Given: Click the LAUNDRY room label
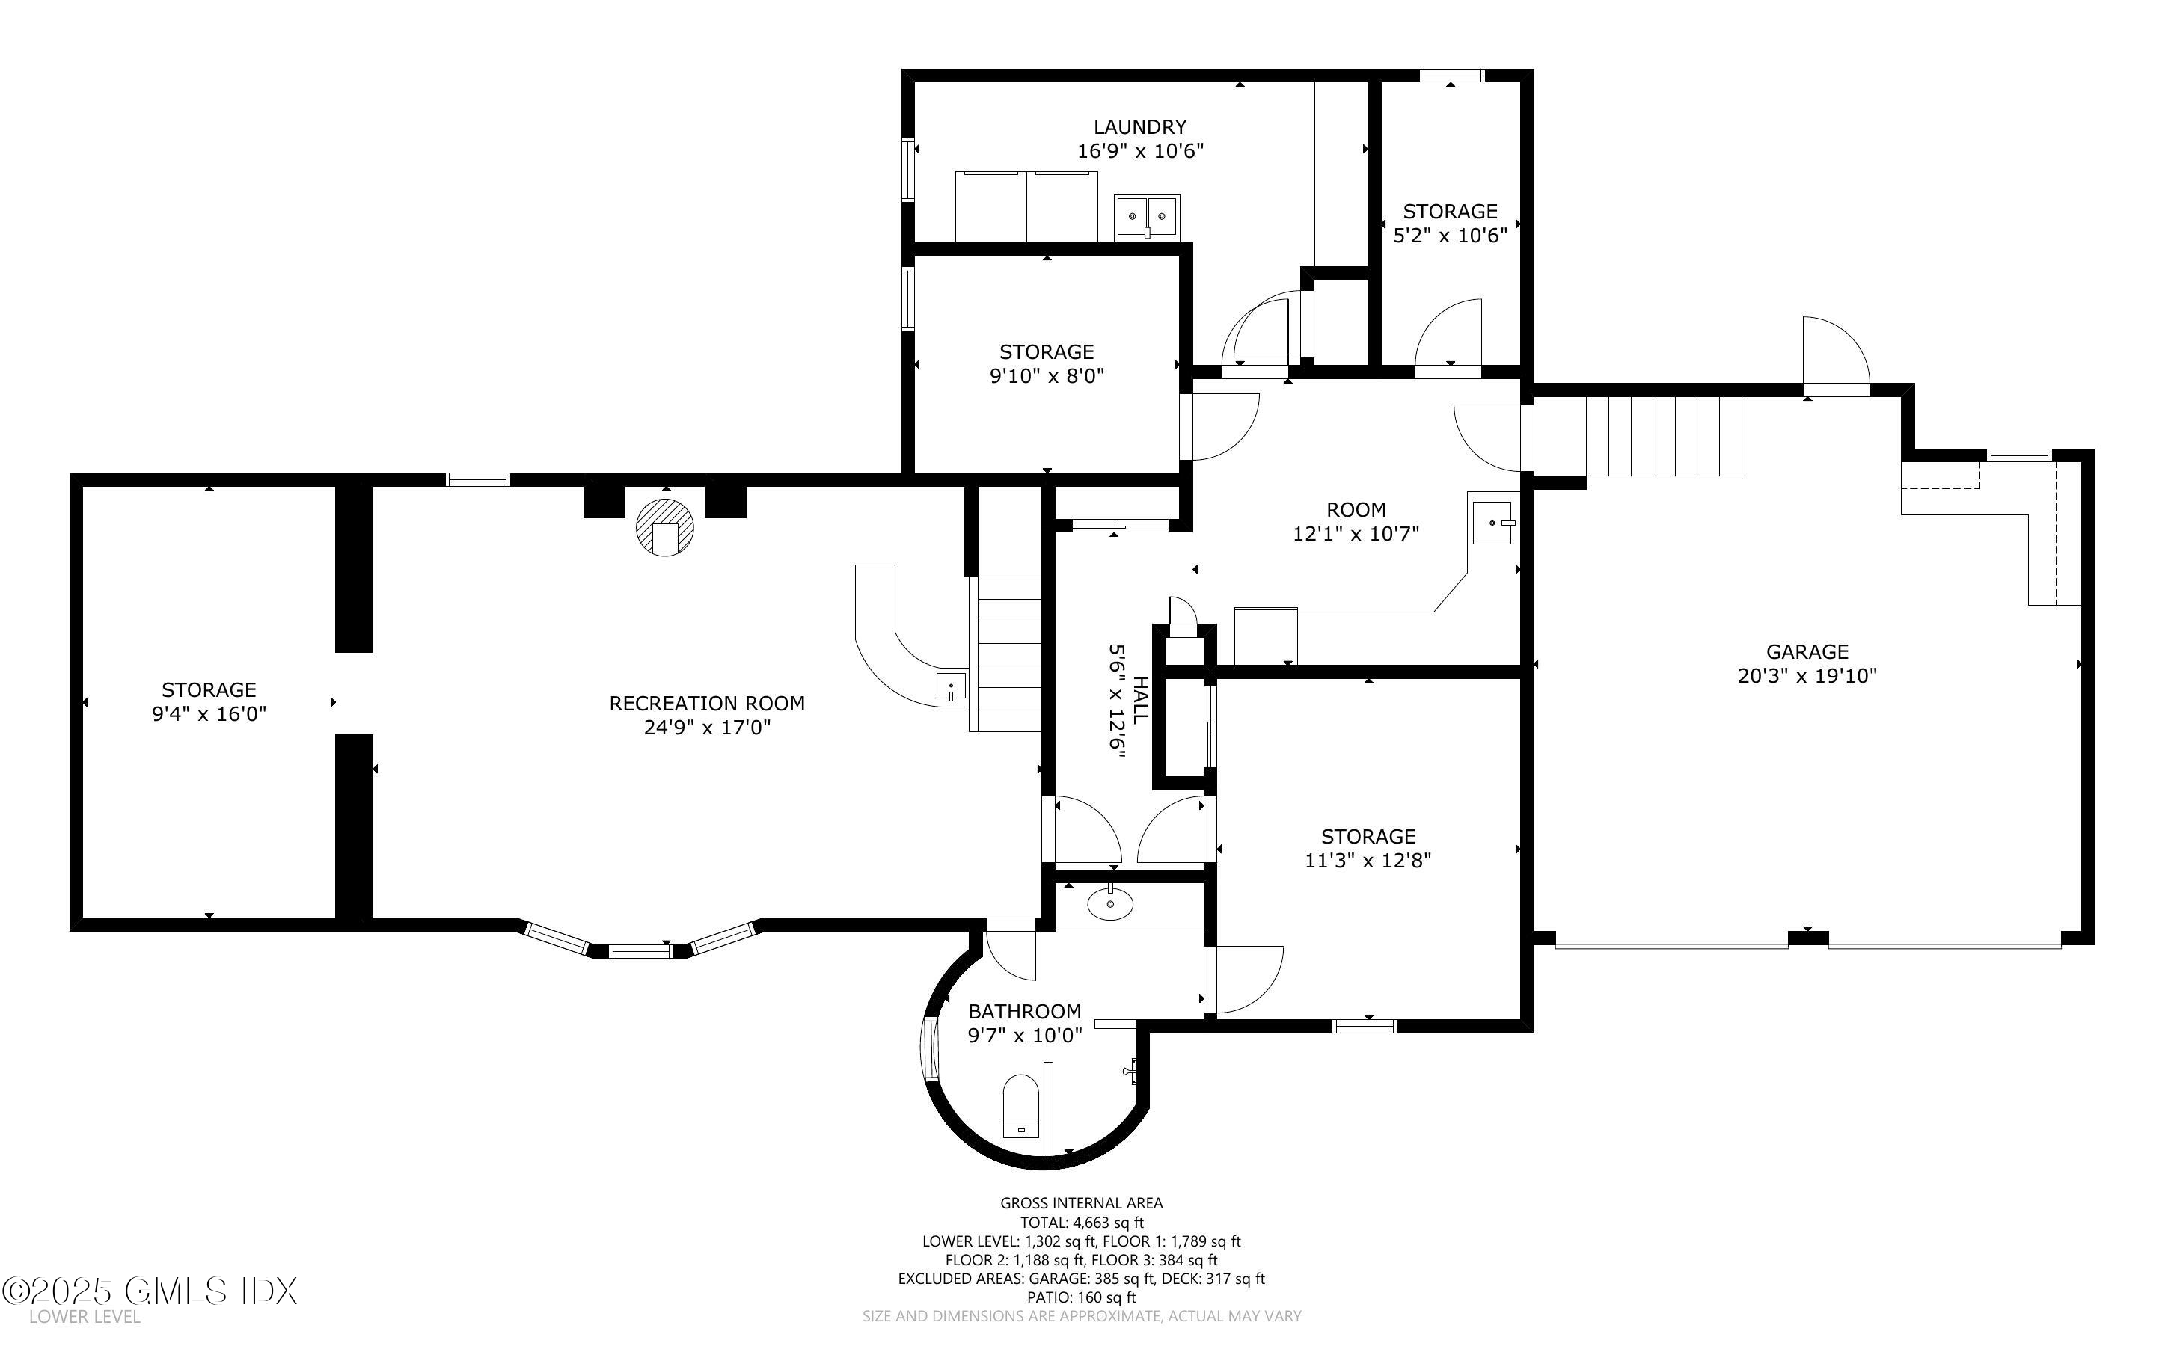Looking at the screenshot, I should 1139,127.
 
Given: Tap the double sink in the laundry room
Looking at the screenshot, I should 1146,216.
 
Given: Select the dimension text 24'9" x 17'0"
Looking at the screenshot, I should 706,728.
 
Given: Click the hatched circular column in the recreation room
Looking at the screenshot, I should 664,528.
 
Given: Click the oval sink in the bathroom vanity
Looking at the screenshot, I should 1109,904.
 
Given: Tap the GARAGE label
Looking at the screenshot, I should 1807,652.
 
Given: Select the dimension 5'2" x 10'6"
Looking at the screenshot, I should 1450,235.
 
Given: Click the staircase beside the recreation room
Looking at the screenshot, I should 1008,653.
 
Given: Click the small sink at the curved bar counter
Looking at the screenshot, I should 951,686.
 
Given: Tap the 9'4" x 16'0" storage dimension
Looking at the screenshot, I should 209,713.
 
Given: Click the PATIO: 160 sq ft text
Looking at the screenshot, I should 1081,1297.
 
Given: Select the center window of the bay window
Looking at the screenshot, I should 640,951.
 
